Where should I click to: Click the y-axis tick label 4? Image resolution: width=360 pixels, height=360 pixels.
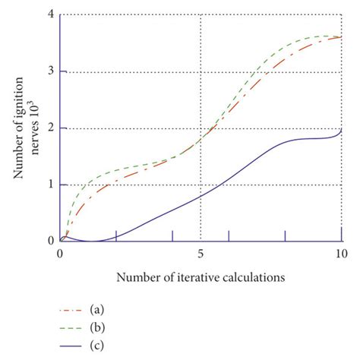point(51,15)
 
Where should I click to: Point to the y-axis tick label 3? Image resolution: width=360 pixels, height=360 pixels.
point(51,71)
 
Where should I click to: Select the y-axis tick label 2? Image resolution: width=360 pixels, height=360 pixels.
point(51,128)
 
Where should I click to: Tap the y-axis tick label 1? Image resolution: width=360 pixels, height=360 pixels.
point(51,185)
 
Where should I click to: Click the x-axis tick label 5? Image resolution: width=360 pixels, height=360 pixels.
point(201,254)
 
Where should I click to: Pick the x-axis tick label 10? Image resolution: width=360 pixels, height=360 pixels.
point(341,254)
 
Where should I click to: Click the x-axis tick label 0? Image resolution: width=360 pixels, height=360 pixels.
point(60,254)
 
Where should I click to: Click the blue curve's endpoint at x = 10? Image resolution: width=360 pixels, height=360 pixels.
point(341,131)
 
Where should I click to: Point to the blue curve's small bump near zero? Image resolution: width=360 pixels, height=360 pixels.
point(65,236)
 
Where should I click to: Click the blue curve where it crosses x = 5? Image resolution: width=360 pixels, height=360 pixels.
point(201,196)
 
